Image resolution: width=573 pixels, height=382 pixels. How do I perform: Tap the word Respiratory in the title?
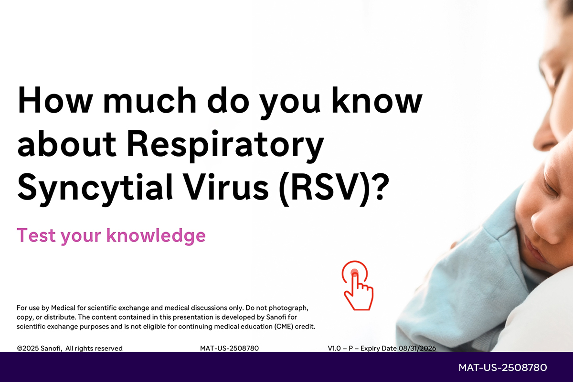225,145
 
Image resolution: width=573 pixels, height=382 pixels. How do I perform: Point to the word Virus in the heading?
225,186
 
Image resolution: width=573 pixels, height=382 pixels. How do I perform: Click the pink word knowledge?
156,236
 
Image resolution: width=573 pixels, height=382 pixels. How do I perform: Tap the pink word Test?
36,235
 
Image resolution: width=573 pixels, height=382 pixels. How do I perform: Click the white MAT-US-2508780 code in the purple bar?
503,368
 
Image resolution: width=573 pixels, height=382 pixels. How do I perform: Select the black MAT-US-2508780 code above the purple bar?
229,348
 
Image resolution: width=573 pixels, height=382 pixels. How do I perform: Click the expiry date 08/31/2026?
417,348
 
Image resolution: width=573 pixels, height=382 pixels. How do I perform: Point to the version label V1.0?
334,348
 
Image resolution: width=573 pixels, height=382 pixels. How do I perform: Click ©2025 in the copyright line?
28,348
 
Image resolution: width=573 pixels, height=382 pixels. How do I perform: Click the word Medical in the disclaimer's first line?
63,308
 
